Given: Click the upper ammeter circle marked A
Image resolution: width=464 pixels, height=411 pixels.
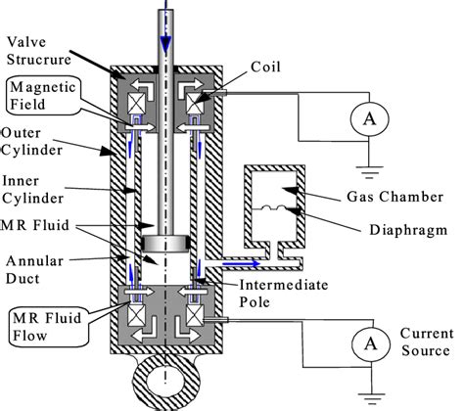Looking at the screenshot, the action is [x=369, y=118].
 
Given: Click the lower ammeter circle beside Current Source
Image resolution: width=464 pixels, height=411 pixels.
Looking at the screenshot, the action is [x=371, y=343].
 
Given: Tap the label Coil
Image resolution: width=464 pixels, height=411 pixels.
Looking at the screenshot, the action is [x=265, y=67].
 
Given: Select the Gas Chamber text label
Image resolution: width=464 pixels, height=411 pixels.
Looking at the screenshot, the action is [x=394, y=197].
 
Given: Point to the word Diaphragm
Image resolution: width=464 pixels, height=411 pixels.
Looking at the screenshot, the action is [x=408, y=230].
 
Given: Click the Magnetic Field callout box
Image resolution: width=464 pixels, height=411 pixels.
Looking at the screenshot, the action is [x=43, y=96].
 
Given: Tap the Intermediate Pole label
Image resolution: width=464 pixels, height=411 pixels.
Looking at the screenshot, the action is [x=284, y=294].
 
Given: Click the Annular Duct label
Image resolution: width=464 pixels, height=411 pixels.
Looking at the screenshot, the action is [x=34, y=270].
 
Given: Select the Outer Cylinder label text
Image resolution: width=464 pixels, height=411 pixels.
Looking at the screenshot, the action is [x=31, y=142].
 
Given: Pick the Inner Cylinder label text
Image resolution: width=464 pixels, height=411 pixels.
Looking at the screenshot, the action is [x=32, y=190].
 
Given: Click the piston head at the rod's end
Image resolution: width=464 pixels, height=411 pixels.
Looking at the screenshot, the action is [x=165, y=244].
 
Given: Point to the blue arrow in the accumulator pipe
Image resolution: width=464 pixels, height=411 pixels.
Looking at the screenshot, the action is [x=242, y=263].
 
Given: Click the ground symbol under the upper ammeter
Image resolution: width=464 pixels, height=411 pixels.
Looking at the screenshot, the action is [x=369, y=172].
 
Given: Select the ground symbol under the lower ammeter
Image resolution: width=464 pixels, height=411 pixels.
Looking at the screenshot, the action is [x=371, y=398].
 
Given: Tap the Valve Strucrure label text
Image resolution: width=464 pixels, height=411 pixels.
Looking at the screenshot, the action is [x=39, y=51].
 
